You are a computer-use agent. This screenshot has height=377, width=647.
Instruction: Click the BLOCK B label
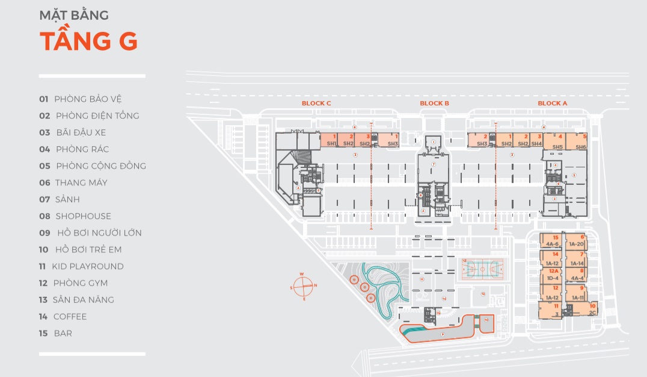point(435,104)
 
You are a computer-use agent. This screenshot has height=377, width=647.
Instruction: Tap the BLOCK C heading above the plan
point(316,104)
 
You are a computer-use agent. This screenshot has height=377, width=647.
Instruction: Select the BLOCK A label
point(552,104)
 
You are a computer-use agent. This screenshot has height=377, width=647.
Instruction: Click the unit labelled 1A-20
point(576,241)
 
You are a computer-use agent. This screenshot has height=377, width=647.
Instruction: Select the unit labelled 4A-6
point(552,241)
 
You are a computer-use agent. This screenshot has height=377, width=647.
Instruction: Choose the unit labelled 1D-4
point(552,275)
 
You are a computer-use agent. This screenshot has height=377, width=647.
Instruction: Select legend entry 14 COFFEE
point(63,316)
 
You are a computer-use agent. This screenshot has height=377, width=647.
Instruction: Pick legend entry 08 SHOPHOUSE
point(75,216)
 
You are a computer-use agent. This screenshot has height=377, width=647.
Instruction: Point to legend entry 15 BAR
point(55,333)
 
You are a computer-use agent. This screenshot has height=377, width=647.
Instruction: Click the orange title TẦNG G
point(88,40)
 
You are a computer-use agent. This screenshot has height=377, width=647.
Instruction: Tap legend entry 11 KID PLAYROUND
point(81,266)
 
